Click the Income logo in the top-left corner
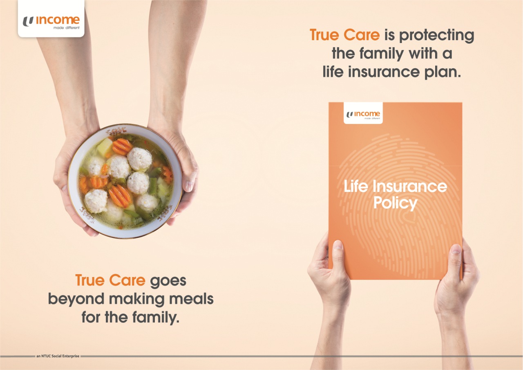[51, 22]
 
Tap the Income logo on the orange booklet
[363, 115]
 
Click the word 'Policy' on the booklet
[395, 203]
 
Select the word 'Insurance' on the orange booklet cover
[409, 186]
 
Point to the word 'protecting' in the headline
[436, 36]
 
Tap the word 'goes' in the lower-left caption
[168, 281]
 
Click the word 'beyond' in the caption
[76, 300]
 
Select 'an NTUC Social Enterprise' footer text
[58, 356]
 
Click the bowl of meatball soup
[125, 181]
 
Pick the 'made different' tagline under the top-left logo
[67, 28]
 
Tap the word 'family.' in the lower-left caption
[156, 318]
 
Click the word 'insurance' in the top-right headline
[384, 72]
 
